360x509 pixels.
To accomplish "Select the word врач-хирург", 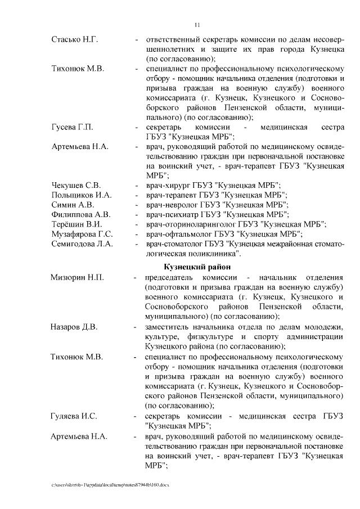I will click(166, 186).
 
